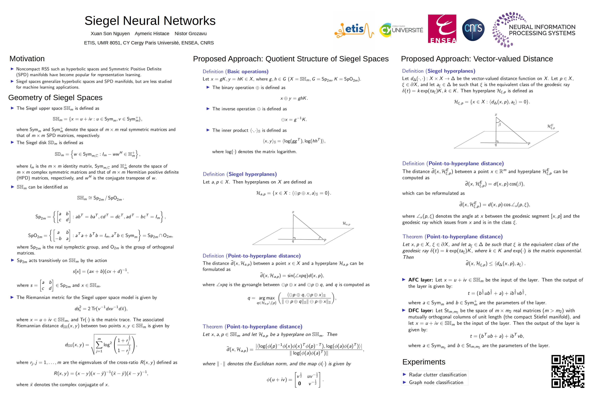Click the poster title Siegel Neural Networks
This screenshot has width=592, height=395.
point(150,21)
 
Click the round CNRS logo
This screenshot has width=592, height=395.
point(473,29)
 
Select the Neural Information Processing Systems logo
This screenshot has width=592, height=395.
point(534,30)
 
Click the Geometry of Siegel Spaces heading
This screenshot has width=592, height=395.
point(55,98)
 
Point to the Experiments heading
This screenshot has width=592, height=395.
point(424,362)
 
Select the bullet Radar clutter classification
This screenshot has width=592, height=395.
point(437,375)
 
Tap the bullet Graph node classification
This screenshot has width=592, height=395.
point(436,382)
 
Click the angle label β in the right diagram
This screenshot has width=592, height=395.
point(499,124)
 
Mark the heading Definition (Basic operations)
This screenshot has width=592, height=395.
point(235,71)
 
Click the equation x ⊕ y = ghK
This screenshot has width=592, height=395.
point(294,98)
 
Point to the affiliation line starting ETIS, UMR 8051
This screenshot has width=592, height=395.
point(149,43)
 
